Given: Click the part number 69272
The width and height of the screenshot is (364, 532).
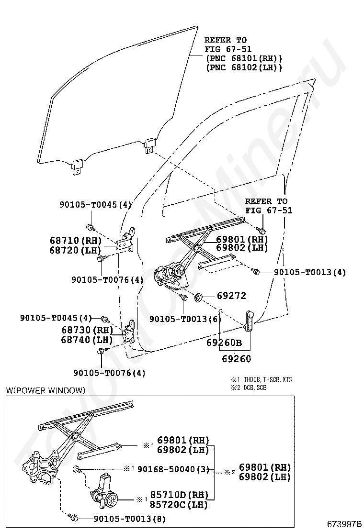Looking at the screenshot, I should [231, 296].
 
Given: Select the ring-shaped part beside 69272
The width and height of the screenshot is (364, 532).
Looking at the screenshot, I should [197, 299].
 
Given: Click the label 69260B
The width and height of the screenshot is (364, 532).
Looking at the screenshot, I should [224, 343].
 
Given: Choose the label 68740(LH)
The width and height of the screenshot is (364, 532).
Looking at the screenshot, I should [87, 340].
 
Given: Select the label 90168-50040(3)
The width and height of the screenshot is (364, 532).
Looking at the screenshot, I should [173, 469].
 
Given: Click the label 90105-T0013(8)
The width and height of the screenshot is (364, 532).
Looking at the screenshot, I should [129, 519].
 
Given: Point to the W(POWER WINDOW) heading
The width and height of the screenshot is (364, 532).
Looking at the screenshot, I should [45, 390].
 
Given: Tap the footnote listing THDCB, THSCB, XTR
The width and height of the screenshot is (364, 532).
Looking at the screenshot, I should [261, 379].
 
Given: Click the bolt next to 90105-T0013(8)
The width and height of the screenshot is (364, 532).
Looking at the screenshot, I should [73, 518].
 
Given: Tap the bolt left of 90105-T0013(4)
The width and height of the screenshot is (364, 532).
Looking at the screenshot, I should [255, 272].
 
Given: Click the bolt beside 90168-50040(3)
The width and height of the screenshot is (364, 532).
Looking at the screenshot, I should [77, 469].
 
